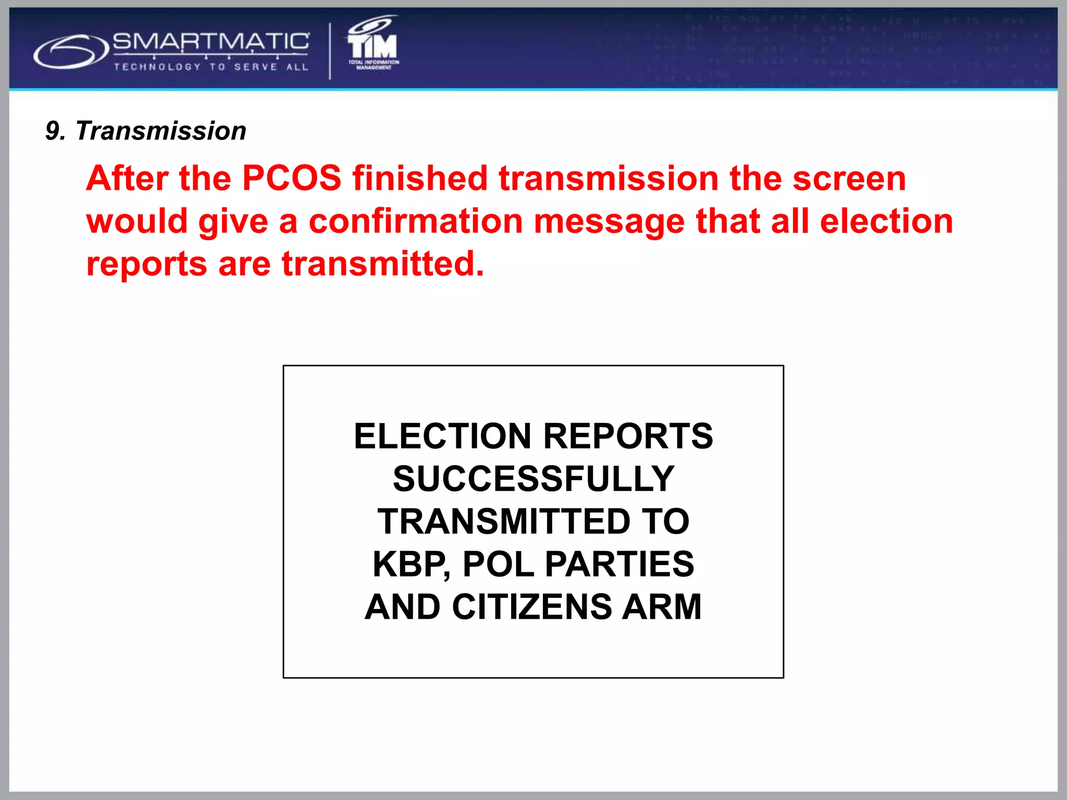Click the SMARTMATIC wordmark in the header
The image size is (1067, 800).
210,41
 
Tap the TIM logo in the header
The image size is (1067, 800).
373,44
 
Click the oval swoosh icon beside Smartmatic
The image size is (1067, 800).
70,51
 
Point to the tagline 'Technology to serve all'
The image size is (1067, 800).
211,67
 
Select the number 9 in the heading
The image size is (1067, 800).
53,131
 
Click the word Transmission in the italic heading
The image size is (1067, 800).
161,131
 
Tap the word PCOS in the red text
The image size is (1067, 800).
292,178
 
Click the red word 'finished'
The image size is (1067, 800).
420,178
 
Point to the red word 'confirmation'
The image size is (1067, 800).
416,221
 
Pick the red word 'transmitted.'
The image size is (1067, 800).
383,264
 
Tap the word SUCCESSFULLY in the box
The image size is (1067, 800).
533,479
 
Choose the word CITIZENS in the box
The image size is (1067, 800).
532,607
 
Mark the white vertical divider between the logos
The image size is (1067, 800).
330,51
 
